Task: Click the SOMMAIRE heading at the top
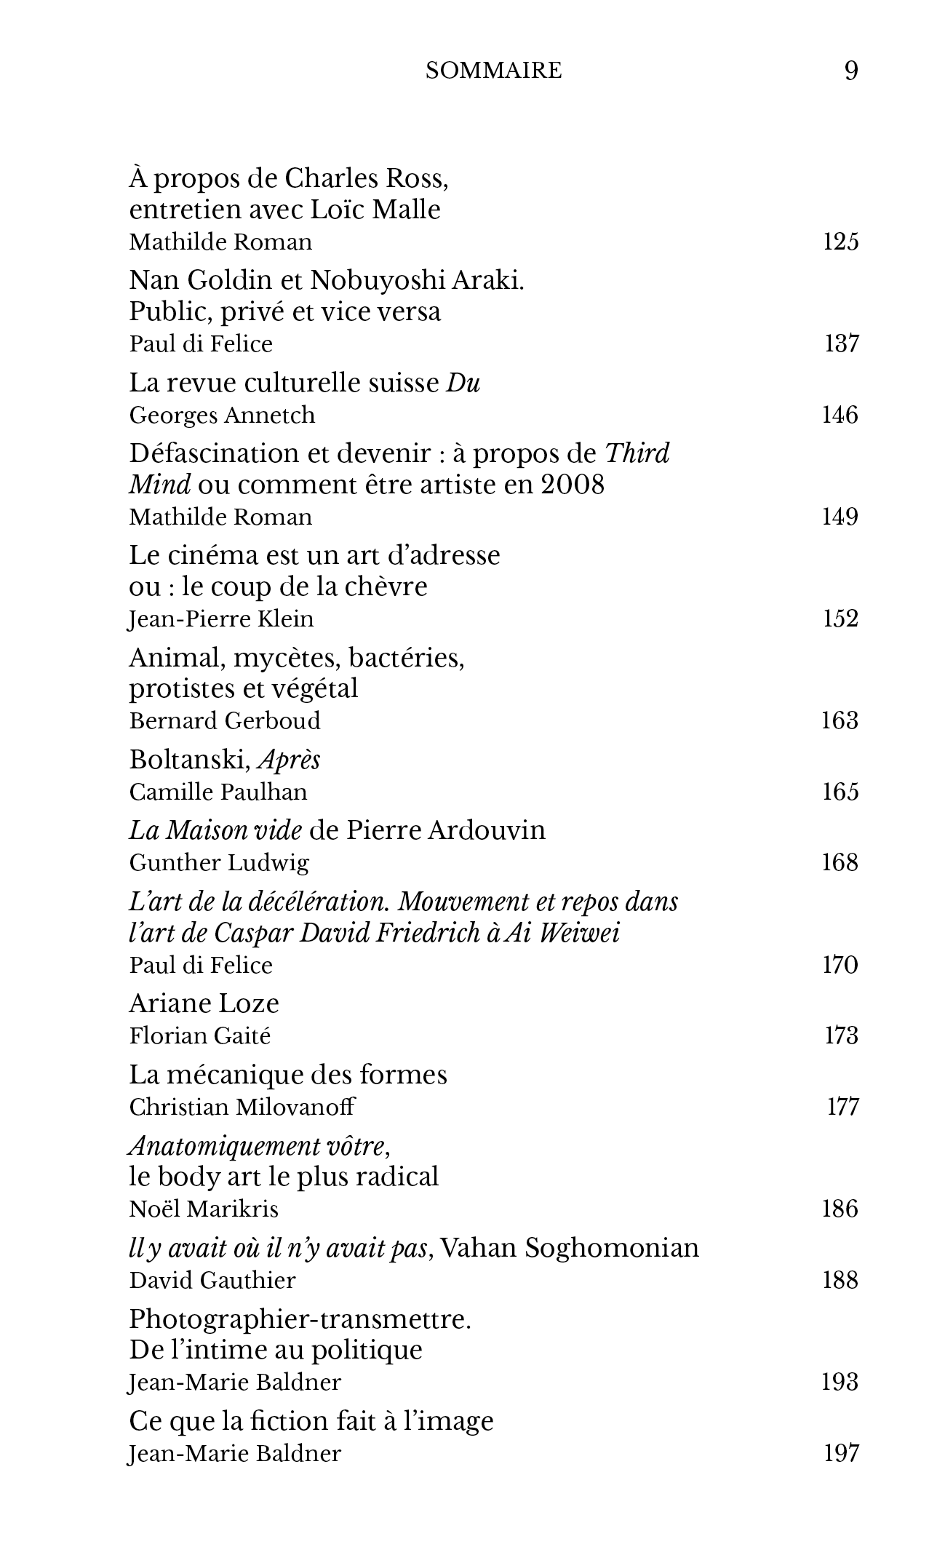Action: [x=493, y=71]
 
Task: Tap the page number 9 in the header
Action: [x=850, y=71]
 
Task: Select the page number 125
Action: [x=840, y=242]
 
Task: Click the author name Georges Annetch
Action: [x=222, y=415]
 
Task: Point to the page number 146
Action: [x=840, y=415]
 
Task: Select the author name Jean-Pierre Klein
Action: [x=221, y=619]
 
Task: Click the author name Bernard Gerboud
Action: [x=225, y=721]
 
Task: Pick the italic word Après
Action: [x=290, y=760]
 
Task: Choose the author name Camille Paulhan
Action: [x=218, y=792]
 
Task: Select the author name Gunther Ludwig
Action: [x=219, y=863]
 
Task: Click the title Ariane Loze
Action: [x=204, y=1004]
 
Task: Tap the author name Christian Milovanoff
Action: [x=242, y=1107]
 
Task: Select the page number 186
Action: [x=840, y=1209]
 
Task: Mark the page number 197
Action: [x=841, y=1454]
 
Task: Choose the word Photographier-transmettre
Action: [x=300, y=1319]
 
